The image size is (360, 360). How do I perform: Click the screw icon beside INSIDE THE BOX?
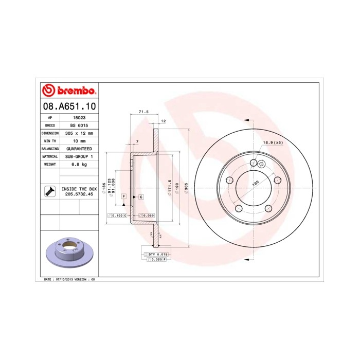point(50,191)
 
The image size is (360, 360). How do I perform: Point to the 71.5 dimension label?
point(143,112)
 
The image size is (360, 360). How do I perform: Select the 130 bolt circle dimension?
point(255,183)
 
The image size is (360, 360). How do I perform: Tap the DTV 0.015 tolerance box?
point(158,255)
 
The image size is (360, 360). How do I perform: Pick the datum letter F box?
point(124,197)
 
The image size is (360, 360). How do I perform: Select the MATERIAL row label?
point(50,156)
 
